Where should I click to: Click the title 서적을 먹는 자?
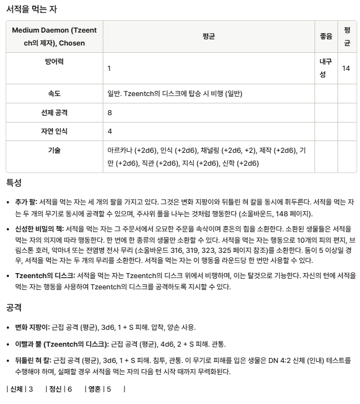tap(31, 10)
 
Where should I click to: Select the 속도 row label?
tap(54, 94)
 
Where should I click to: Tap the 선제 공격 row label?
tap(54, 112)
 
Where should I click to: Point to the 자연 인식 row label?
tap(54, 131)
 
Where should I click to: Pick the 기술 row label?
tap(54, 150)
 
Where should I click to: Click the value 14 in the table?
tap(346, 68)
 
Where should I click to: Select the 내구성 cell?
tap(326, 68)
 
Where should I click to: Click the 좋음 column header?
tap(326, 36)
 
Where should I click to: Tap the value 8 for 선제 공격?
tap(110, 113)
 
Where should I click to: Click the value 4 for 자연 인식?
tap(110, 131)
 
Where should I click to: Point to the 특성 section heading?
tap(14, 183)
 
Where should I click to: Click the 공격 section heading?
tap(14, 307)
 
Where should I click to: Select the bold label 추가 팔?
tap(26, 201)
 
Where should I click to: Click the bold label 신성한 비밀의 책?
tap(39, 229)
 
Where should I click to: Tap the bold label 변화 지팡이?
tap(32, 326)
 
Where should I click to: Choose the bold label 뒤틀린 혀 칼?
tap(33, 360)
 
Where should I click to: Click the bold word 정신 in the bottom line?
tap(56, 389)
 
